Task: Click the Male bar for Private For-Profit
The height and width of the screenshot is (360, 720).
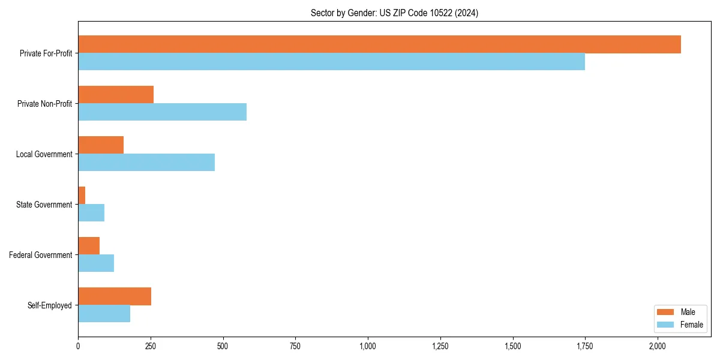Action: [x=379, y=44]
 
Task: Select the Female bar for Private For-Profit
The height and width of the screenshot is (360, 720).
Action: [x=331, y=62]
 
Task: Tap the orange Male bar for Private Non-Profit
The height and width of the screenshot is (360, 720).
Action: [x=116, y=95]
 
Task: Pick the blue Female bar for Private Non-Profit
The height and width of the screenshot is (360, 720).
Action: [x=162, y=112]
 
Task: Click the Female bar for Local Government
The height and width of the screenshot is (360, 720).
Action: [x=146, y=163]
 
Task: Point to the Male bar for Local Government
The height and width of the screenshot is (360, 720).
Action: [x=101, y=145]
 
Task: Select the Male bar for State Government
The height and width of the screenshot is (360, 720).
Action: [x=82, y=196]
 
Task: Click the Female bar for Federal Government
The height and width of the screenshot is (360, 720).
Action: [x=96, y=263]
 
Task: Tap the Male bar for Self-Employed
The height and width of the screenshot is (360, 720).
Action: [x=115, y=296]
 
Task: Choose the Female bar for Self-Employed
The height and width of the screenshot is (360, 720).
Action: [x=104, y=314]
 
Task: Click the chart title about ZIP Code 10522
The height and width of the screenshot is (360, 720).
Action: [x=394, y=13]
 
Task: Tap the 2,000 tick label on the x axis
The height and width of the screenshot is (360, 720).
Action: [x=658, y=346]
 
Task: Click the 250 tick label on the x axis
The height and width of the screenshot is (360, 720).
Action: [x=151, y=346]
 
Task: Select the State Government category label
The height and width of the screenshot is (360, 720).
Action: [x=44, y=205]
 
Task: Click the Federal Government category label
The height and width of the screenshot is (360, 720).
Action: [x=41, y=255]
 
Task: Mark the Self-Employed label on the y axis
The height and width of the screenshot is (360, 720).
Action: [x=50, y=305]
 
